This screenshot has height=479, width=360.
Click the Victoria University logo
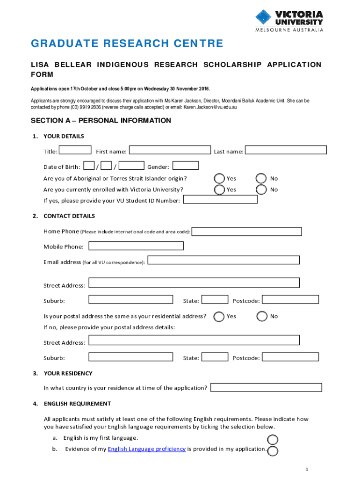(289, 20)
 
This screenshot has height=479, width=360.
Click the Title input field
(76, 150)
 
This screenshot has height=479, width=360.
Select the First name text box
(170, 150)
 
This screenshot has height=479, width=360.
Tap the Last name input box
(286, 150)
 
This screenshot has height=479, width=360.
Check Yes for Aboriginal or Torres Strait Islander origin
(219, 178)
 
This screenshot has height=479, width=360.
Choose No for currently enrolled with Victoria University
(262, 189)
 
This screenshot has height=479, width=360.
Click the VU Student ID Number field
(220, 200)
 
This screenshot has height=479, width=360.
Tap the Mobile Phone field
(136, 246)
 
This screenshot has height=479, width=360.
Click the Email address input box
(223, 260)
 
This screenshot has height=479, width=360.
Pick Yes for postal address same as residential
(219, 317)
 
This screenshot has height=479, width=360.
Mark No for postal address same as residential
(262, 317)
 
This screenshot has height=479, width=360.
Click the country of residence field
(266, 387)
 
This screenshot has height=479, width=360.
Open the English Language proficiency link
(147, 449)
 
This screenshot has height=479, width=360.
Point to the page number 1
(306, 469)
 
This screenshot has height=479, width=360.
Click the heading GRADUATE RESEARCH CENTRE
(127, 44)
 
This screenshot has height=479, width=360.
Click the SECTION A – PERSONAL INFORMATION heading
(101, 121)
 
